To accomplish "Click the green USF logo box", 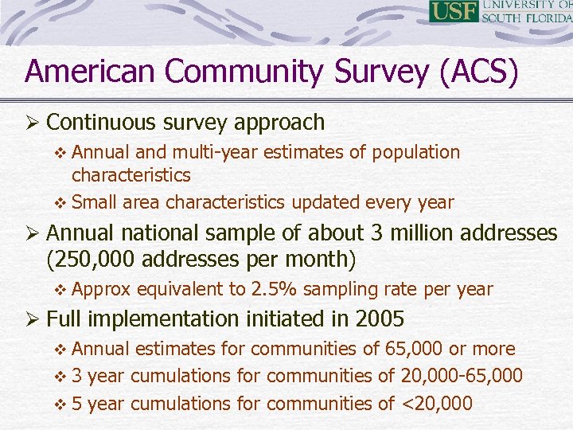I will click(454, 12).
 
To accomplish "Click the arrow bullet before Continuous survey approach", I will click(33, 123).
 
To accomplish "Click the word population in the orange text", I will click(415, 152).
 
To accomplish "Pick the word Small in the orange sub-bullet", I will click(95, 202).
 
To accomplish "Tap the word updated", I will click(325, 202).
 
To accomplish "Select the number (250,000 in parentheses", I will click(88, 259).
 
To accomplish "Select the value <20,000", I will click(436, 404).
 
